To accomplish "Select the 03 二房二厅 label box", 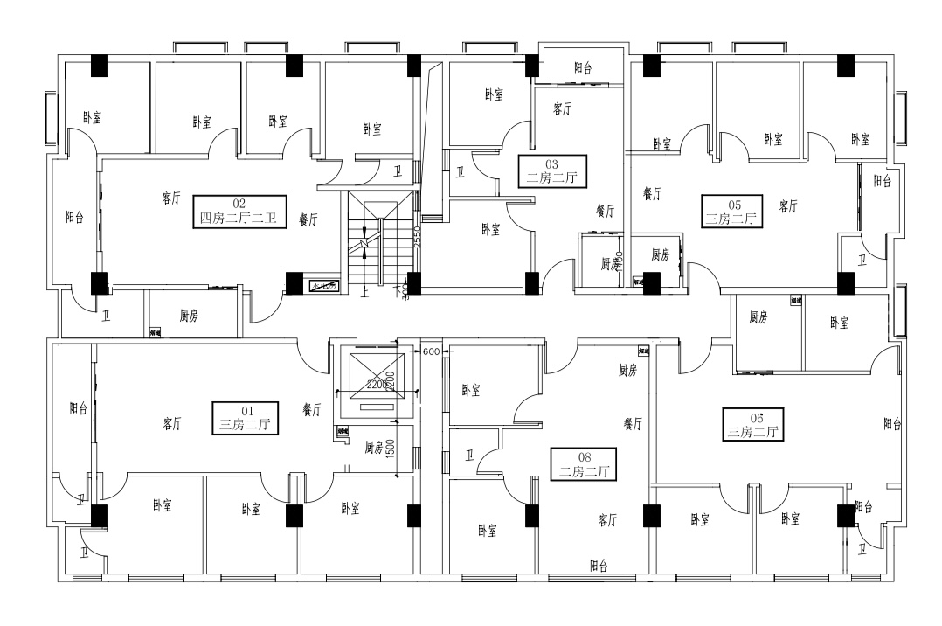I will (551, 170).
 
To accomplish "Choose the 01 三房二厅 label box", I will (246, 416).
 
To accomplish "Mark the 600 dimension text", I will (430, 351).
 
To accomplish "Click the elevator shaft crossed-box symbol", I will (377, 373).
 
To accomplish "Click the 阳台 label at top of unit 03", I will (584, 67).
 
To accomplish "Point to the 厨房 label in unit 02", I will (189, 316).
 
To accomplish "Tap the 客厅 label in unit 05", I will (788, 206).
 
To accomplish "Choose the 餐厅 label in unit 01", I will (312, 408).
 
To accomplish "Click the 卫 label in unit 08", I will (470, 455).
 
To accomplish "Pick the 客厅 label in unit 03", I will (563, 109).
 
